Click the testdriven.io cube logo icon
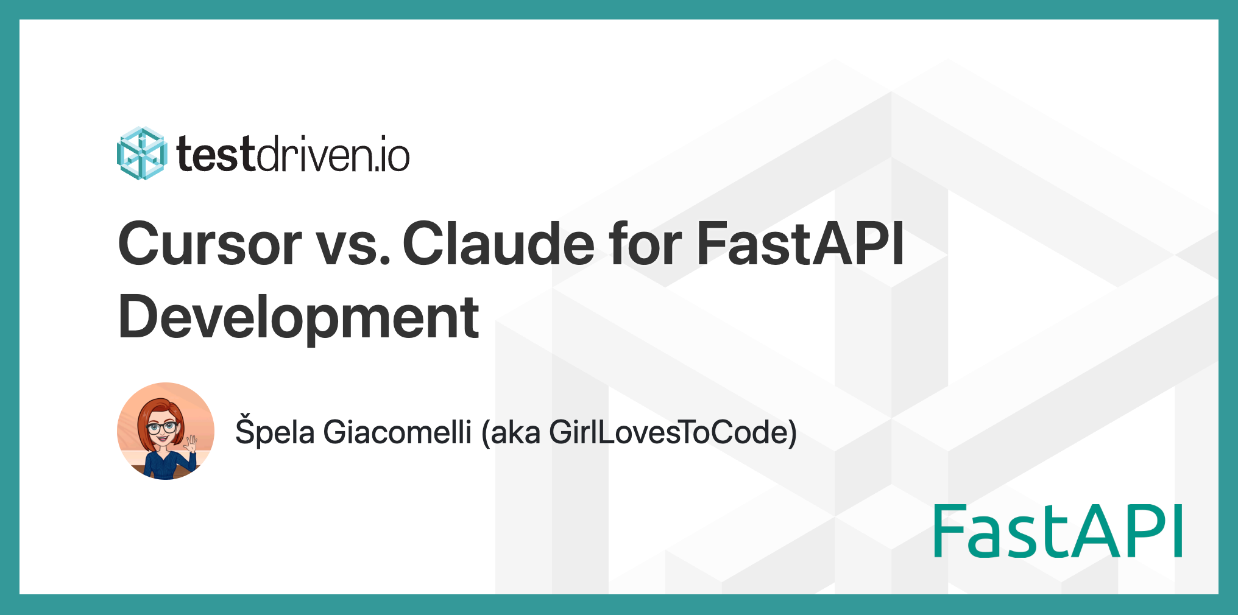(141, 153)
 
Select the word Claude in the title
(498, 244)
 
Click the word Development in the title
(299, 317)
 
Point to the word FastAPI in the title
(801, 244)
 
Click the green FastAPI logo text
(1058, 531)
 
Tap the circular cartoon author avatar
(166, 431)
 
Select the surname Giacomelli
(397, 432)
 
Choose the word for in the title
(645, 244)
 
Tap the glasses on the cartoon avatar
(162, 427)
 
